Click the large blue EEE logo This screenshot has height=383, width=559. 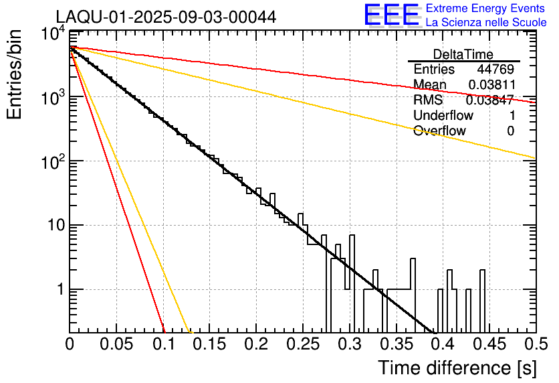[x=391, y=15]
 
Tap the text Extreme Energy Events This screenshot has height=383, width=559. [x=485, y=9]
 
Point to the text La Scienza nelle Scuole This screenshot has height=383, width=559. [x=485, y=23]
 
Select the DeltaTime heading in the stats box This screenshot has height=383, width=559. [x=463, y=54]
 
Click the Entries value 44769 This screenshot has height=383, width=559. [x=495, y=70]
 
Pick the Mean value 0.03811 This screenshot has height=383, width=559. [x=491, y=85]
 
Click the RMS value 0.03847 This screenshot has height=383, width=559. [x=489, y=100]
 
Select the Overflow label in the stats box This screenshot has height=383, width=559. [x=439, y=131]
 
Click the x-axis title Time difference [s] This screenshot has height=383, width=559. [x=456, y=368]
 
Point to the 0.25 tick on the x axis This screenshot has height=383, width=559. [x=303, y=345]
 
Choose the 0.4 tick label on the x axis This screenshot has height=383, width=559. [x=443, y=345]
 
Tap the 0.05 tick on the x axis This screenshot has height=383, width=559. [x=117, y=345]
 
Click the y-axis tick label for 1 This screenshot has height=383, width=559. [x=58, y=290]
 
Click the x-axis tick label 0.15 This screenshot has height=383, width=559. [x=210, y=345]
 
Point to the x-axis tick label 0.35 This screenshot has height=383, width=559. [x=396, y=345]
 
